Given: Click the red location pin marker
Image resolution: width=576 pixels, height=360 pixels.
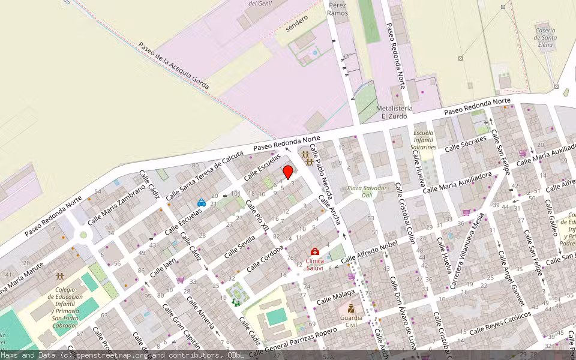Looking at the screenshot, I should point(287,172).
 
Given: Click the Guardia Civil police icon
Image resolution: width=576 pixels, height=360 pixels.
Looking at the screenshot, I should point(351,308).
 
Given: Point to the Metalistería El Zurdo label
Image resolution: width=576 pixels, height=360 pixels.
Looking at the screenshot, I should point(394,112).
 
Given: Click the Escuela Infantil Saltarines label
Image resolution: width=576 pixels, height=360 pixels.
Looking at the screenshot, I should point(424,139).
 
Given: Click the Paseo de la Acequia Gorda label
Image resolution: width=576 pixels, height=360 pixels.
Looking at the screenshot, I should point(173,66).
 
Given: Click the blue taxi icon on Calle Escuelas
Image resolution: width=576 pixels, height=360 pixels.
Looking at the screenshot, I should point(202,203).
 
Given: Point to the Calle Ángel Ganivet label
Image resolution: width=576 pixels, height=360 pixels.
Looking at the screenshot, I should point(507,283).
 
